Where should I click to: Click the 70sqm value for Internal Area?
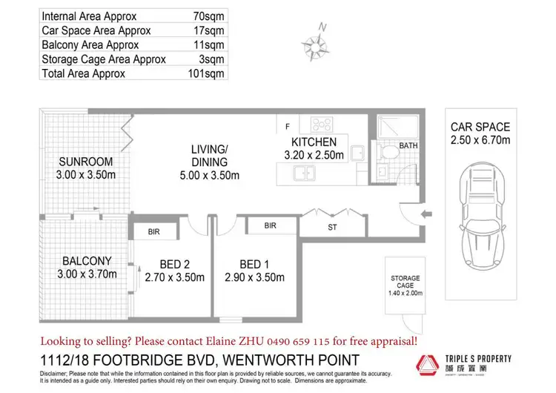[x=209, y=16]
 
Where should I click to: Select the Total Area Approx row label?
[x=84, y=73]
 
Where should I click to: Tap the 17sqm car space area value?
[x=209, y=30]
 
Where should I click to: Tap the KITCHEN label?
[x=314, y=142]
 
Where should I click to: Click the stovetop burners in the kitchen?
[x=322, y=124]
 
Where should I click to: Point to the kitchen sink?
[x=303, y=174]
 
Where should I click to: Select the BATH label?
[x=408, y=146]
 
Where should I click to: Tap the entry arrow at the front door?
[x=423, y=214]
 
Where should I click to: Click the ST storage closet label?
[x=332, y=228]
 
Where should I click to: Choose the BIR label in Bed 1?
[x=270, y=225]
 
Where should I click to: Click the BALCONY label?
[x=87, y=261]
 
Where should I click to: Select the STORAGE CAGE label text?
[x=406, y=283]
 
